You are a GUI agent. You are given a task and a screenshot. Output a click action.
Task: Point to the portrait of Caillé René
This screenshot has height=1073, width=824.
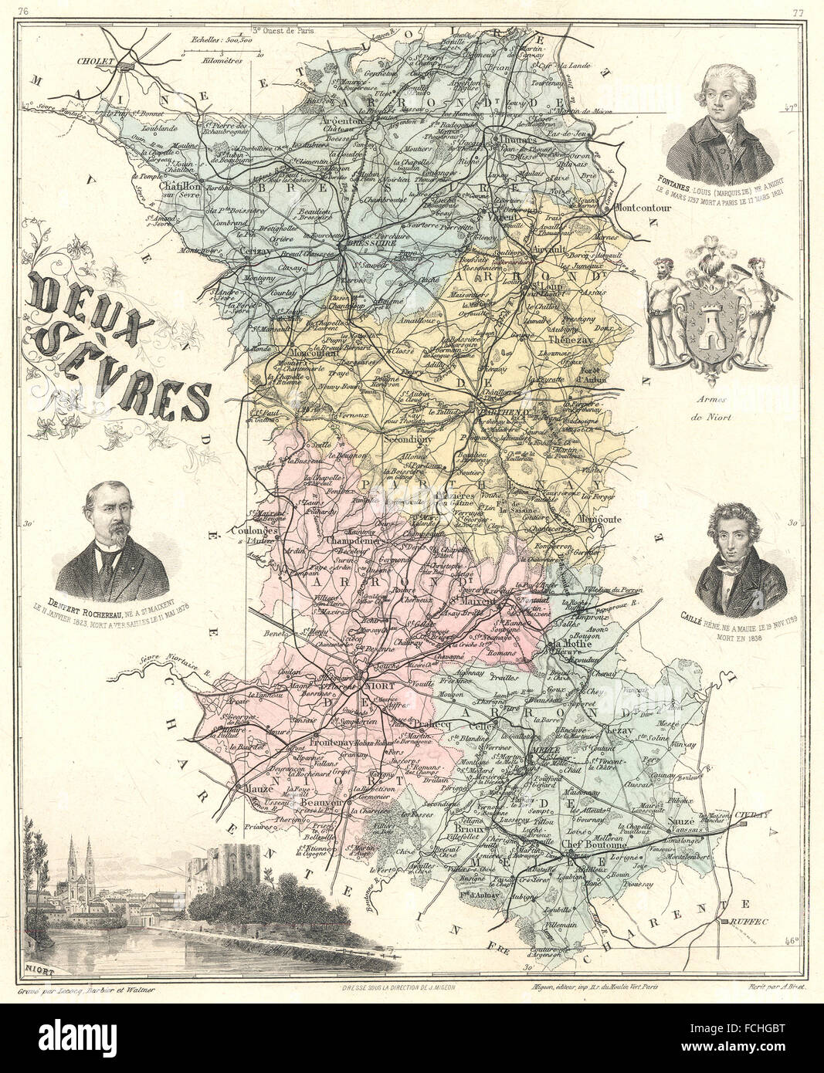point(730,551)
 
